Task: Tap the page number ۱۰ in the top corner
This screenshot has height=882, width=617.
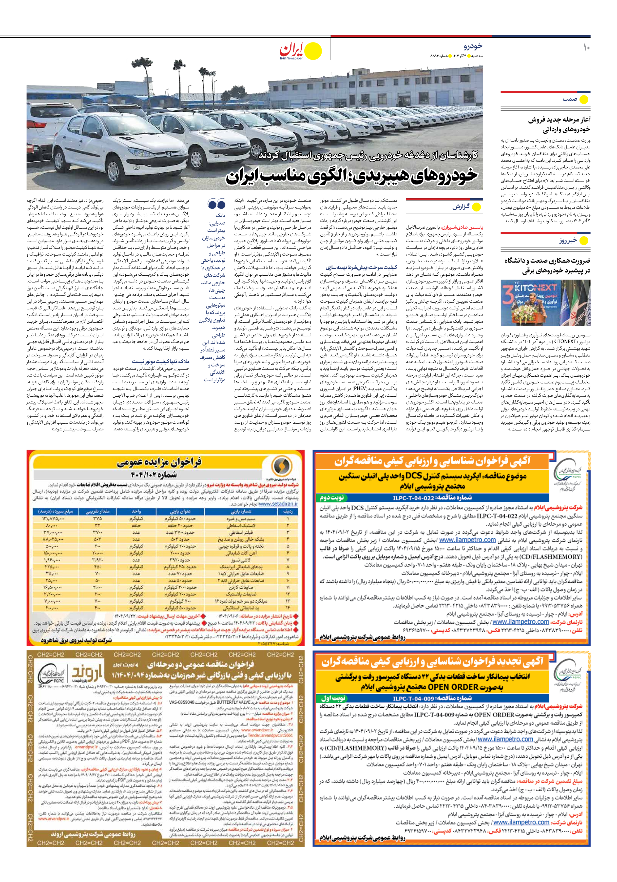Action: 586,48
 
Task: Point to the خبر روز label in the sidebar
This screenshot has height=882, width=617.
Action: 568,241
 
